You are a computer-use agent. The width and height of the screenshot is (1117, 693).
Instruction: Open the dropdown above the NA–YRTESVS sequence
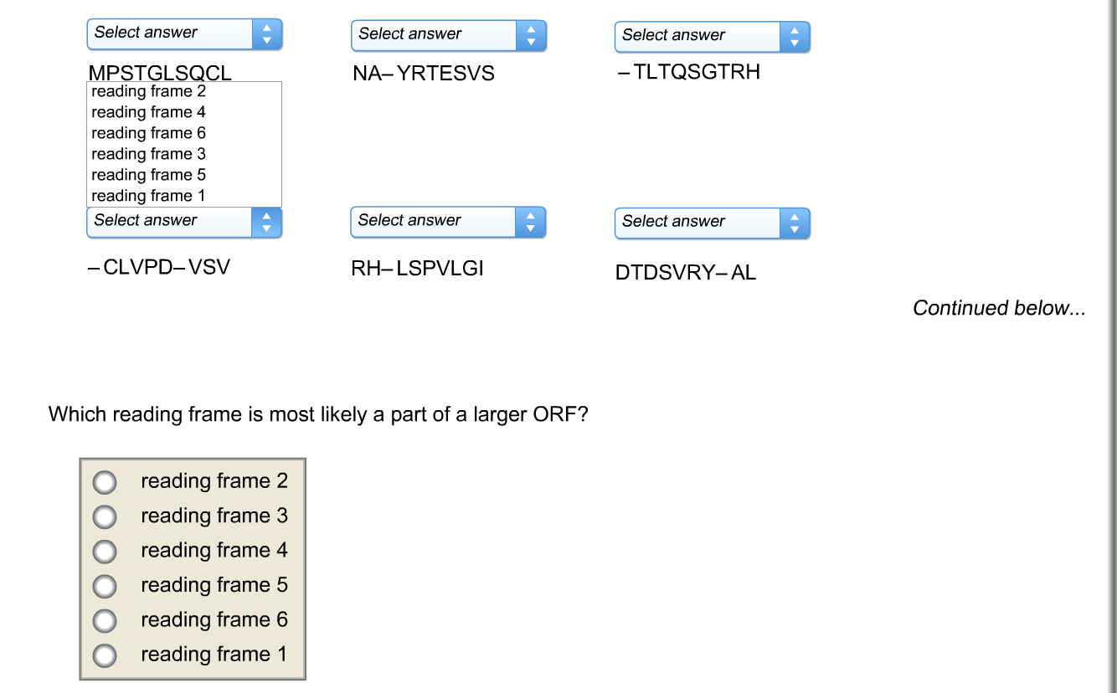[448, 35]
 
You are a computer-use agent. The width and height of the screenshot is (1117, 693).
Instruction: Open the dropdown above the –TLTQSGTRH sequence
[712, 37]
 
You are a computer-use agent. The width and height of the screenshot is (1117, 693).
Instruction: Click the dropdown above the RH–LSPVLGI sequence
[448, 222]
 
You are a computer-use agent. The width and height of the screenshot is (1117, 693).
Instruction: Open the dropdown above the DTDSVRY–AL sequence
[712, 223]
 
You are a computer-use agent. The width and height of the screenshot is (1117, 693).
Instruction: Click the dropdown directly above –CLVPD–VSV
[184, 222]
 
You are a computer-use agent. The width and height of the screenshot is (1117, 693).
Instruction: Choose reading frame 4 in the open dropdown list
[148, 112]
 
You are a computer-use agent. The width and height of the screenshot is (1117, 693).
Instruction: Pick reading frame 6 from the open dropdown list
[148, 133]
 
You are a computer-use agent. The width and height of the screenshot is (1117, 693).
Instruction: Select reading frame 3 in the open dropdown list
[148, 154]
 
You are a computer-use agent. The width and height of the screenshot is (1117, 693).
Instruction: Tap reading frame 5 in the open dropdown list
[148, 175]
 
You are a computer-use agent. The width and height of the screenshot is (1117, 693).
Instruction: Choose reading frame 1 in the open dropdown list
[148, 196]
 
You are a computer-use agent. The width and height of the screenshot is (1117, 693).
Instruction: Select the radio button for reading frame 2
[105, 482]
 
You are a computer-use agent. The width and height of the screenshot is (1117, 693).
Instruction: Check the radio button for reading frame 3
[105, 517]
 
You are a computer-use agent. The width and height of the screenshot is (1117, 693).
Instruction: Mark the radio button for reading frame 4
[105, 552]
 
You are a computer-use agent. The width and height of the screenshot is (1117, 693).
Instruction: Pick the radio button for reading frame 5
[105, 586]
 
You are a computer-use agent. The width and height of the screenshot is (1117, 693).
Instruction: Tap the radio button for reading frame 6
[105, 620]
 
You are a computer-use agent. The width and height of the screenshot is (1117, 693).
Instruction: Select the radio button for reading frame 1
[105, 654]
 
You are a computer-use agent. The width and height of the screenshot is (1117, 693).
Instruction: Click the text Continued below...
[999, 308]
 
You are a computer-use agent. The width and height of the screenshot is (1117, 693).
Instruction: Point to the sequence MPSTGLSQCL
[160, 74]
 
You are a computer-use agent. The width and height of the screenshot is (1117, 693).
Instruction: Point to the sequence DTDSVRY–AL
[685, 273]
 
